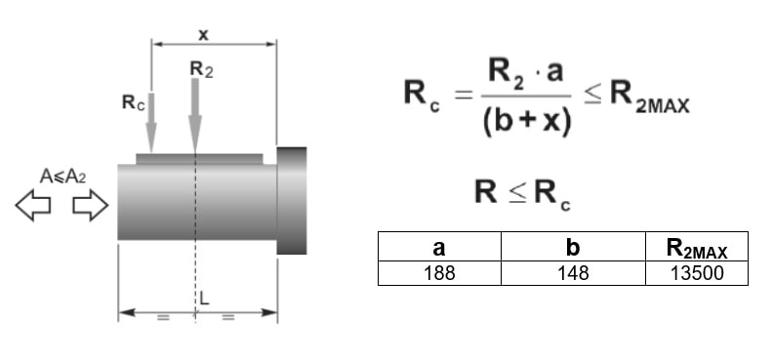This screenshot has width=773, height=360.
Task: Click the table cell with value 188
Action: coord(439,273)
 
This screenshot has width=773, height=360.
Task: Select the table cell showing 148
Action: coord(573,273)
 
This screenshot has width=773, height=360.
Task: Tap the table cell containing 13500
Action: coord(697,273)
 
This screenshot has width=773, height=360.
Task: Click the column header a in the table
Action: coord(439,247)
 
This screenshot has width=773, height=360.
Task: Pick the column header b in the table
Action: coord(573,247)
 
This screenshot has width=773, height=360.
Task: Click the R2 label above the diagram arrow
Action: coord(201,69)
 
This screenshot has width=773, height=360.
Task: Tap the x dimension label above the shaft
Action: coord(203,34)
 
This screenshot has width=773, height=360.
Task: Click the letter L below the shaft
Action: coord(205,298)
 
